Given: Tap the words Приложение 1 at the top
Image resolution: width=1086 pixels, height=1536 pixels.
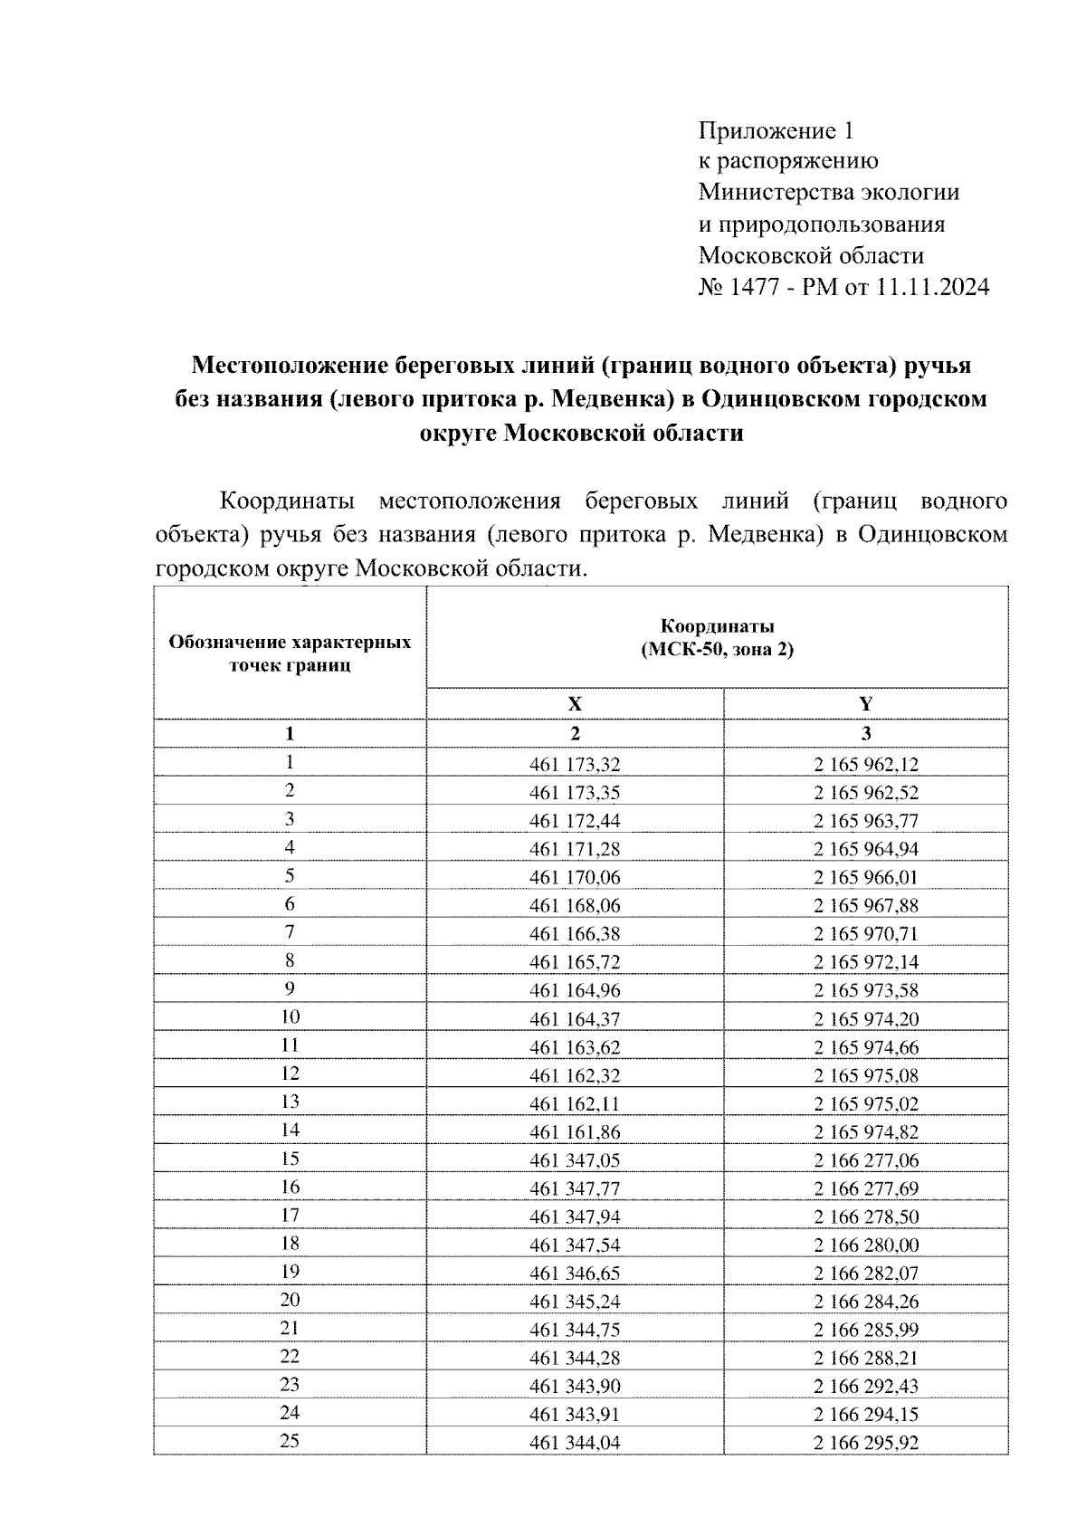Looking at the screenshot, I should (x=776, y=132).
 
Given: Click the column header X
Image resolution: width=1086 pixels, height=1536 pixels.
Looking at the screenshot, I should (x=575, y=704).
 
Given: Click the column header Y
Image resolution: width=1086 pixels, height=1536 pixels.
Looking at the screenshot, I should (x=865, y=704).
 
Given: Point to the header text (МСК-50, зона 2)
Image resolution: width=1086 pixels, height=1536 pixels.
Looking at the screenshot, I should (x=717, y=650).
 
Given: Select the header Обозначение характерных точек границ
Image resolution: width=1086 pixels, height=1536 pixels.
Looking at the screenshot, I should (x=290, y=654).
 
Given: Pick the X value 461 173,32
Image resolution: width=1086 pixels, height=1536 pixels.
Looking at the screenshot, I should (x=575, y=765).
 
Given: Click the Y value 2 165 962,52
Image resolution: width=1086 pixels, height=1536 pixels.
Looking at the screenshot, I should (x=865, y=793).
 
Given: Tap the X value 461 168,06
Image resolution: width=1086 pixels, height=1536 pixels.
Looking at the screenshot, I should (x=575, y=906).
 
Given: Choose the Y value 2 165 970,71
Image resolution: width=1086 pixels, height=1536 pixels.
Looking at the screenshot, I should (x=865, y=934).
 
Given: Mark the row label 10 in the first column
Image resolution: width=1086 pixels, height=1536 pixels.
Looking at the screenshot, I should (x=290, y=1016).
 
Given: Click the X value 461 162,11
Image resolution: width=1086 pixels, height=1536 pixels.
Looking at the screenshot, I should (x=575, y=1104).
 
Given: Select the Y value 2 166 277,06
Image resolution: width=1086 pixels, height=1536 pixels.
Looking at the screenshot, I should (x=865, y=1160).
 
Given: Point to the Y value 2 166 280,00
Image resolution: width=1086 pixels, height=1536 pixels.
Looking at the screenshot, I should (x=865, y=1245).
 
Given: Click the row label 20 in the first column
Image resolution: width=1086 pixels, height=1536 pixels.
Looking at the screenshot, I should (x=290, y=1300).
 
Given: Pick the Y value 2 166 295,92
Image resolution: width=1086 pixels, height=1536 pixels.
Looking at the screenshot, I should (x=865, y=1443).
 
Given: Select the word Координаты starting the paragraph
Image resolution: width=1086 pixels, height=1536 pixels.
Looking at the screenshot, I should (x=288, y=501).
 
